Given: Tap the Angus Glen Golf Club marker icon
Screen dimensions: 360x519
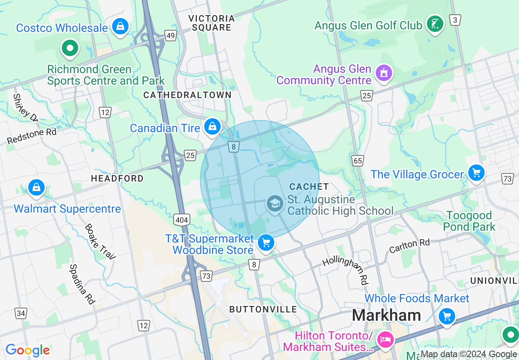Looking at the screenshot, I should (x=435, y=24).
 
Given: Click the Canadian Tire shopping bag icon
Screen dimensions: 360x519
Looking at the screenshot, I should (x=212, y=127).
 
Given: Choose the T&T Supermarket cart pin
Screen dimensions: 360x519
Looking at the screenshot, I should (x=266, y=243).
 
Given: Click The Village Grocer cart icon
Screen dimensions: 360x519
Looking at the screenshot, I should (x=476, y=173).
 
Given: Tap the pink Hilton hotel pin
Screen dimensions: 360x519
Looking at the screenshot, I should (x=386, y=340).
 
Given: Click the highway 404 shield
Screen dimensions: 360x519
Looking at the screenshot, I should (x=181, y=220).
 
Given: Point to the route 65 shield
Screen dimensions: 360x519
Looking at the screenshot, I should (x=358, y=161).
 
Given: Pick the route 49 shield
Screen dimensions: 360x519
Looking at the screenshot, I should (x=171, y=36).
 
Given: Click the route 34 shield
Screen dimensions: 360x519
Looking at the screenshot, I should (x=21, y=313).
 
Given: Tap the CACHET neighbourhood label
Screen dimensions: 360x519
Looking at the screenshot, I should (x=309, y=187).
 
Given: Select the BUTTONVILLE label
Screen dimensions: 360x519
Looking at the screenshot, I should (x=263, y=309).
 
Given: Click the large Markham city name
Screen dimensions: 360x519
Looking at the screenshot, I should (x=386, y=315).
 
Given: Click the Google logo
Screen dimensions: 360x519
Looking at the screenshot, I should (x=27, y=350).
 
